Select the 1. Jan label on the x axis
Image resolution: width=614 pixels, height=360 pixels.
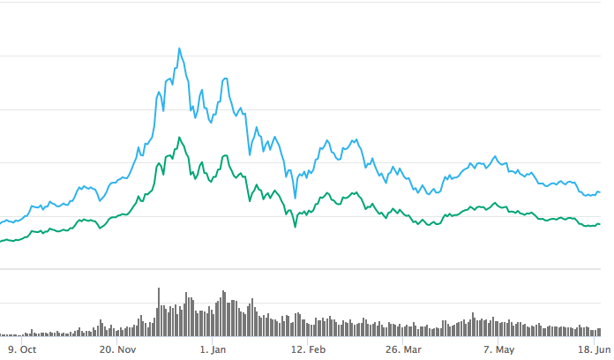214,349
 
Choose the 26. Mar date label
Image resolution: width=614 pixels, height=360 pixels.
405,349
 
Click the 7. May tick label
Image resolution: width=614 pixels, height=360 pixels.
498,349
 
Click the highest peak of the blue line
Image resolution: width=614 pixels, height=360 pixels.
180,49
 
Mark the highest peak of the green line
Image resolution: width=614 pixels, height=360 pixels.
179,138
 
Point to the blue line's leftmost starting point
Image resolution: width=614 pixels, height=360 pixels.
1,222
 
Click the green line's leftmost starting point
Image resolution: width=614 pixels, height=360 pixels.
1,240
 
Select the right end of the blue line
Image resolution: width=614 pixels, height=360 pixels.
600,192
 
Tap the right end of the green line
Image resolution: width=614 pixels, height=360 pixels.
600,224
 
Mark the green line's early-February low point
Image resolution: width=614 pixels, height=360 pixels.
293,227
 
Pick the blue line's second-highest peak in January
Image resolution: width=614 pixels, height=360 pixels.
226,79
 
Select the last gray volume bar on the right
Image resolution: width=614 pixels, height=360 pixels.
600,332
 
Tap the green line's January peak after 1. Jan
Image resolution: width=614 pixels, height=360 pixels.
225,156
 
